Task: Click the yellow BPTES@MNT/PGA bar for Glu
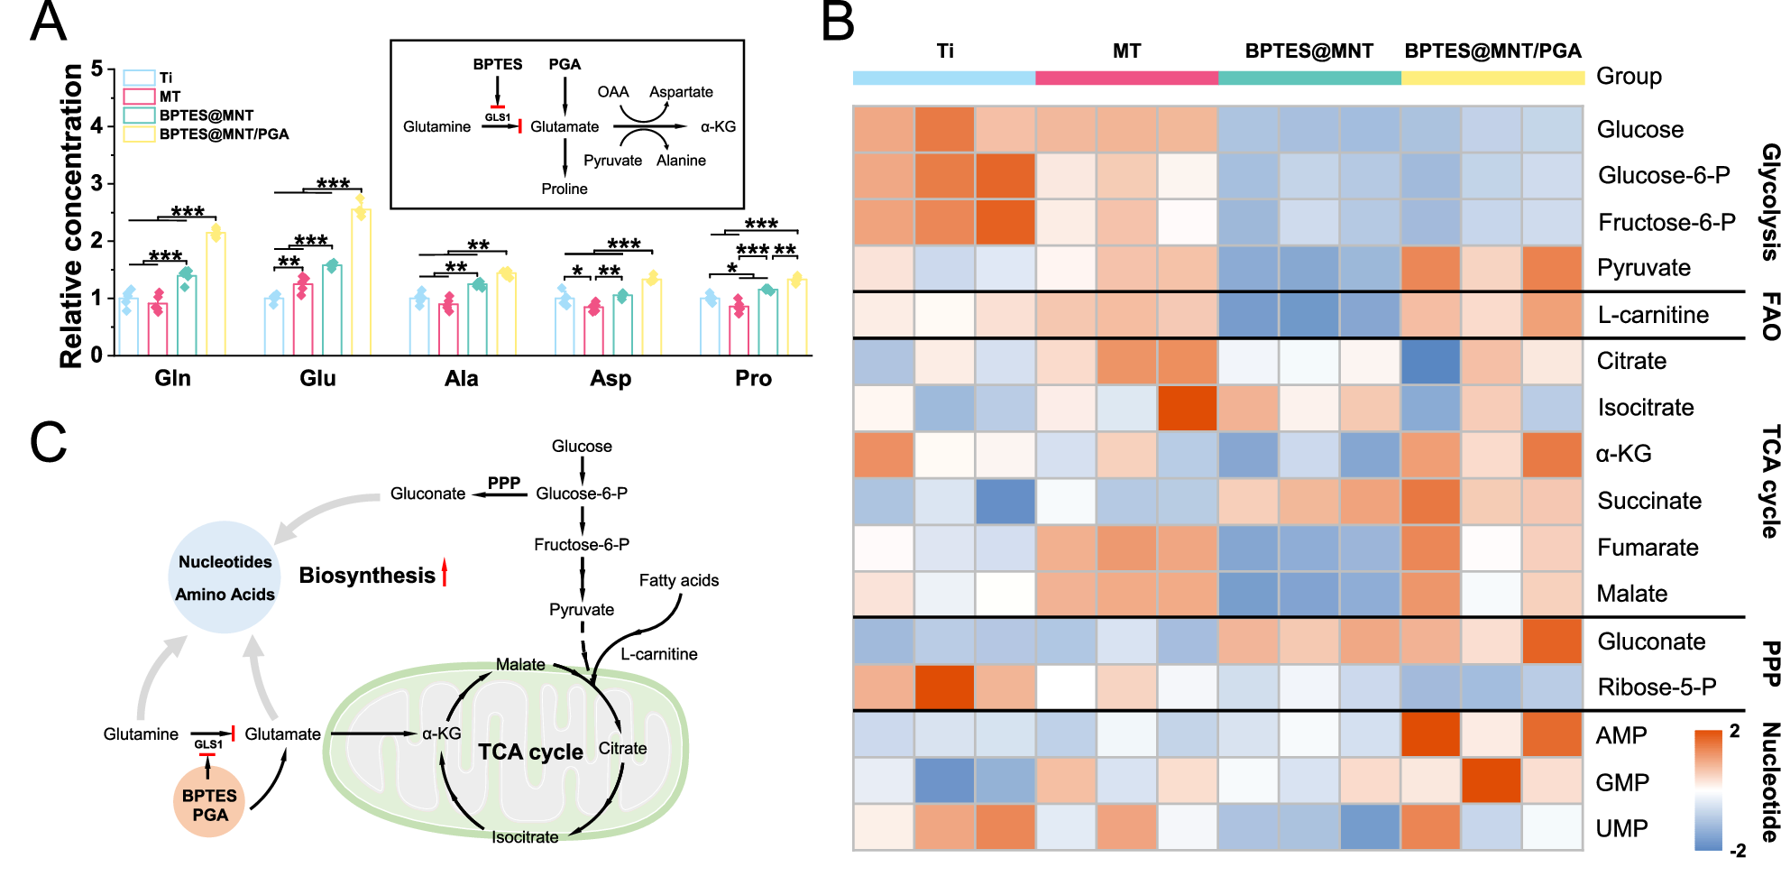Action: (x=361, y=281)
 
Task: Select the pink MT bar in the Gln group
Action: (x=158, y=328)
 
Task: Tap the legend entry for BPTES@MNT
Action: (x=206, y=115)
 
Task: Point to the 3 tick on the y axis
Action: (x=96, y=184)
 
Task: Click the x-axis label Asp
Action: (x=610, y=379)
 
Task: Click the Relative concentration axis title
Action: (x=71, y=217)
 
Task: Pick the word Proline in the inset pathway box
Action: (x=565, y=189)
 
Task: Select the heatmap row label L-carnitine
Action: (x=1653, y=315)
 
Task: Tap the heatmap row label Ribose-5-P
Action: (x=1657, y=687)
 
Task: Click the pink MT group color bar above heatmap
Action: (x=1126, y=78)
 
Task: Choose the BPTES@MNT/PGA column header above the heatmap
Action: (x=1492, y=51)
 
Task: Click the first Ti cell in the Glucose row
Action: (x=884, y=129)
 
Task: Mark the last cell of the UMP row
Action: (x=1552, y=827)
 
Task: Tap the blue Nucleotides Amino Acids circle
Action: (x=225, y=577)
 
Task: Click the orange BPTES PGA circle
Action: (x=209, y=803)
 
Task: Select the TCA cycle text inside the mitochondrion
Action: (x=530, y=752)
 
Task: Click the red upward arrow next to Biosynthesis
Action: (x=444, y=573)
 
